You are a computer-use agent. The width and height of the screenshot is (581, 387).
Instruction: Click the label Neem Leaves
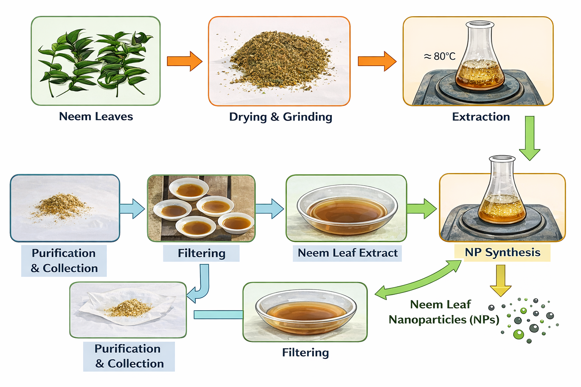point(96,116)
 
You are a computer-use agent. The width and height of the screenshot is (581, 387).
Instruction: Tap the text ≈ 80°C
point(440,56)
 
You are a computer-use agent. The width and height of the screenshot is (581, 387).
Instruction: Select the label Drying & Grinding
point(281,117)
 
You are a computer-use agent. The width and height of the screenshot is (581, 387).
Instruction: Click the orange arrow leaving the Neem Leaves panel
point(185,61)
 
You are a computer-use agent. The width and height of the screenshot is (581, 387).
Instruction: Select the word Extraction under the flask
point(481,117)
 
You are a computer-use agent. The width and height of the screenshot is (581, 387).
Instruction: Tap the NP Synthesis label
point(502,252)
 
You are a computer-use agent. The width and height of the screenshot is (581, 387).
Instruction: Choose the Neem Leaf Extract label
point(347,253)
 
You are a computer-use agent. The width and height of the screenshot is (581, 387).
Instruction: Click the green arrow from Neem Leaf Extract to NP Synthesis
point(421,209)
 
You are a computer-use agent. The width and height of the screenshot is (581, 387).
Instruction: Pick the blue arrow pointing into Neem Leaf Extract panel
point(269,209)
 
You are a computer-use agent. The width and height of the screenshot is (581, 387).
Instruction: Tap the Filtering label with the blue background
point(201,253)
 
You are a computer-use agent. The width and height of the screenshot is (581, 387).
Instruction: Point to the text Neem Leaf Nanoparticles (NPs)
point(443,312)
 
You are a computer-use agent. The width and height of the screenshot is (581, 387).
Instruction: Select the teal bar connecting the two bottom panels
point(218,314)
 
